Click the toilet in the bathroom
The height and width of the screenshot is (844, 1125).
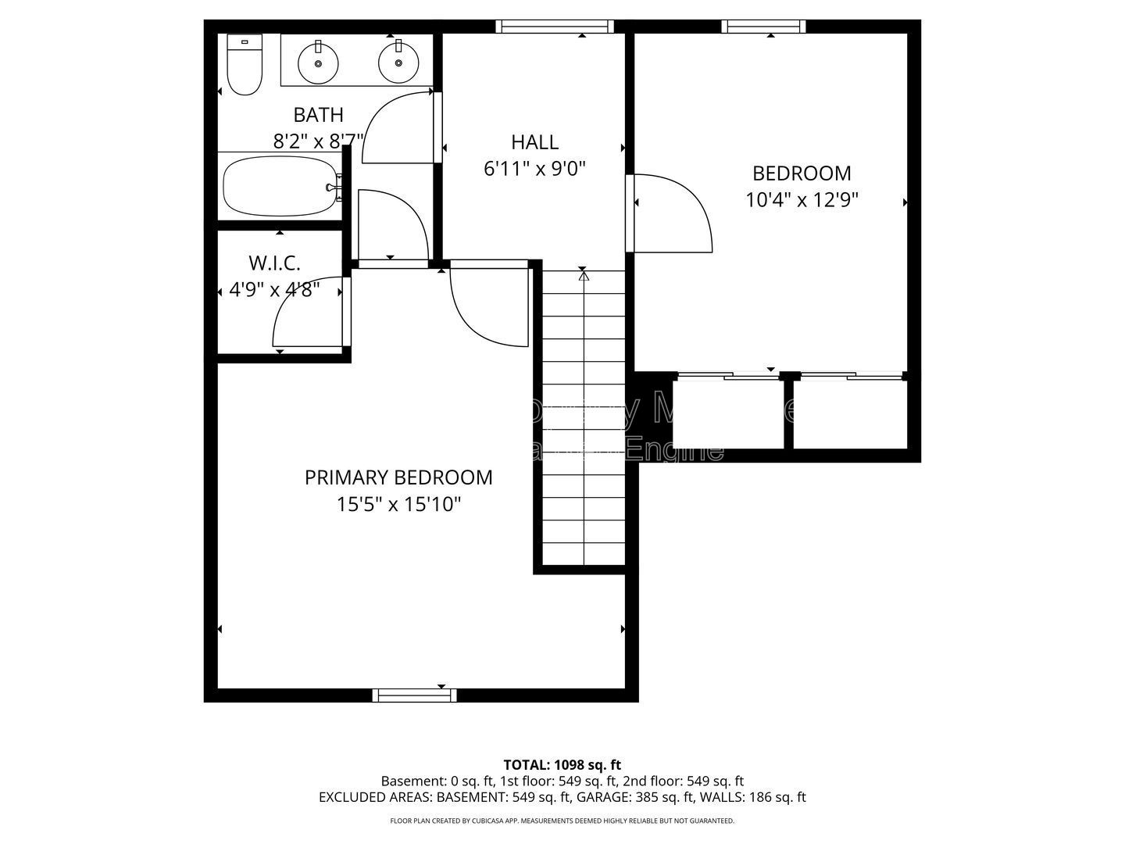[x=244, y=66]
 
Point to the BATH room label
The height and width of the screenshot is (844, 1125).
[x=318, y=115]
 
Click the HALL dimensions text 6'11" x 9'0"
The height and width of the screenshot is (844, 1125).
[x=534, y=169]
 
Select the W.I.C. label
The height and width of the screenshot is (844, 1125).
[x=274, y=263]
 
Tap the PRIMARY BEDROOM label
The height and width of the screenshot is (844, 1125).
[x=398, y=477]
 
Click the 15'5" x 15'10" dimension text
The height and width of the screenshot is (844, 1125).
[x=398, y=505]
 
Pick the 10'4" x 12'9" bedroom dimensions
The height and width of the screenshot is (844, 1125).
[x=802, y=200]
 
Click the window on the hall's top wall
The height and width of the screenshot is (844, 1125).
[x=555, y=27]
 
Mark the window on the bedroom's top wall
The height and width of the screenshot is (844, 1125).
[x=763, y=27]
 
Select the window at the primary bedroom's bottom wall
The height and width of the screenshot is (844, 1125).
[x=414, y=695]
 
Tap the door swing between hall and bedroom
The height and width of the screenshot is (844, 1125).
[x=672, y=213]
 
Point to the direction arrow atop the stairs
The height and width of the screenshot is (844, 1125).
[x=584, y=276]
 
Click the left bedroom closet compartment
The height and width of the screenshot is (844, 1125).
[x=728, y=414]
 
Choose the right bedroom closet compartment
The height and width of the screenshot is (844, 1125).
[x=850, y=414]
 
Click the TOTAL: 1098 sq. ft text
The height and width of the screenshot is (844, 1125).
[x=562, y=764]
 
